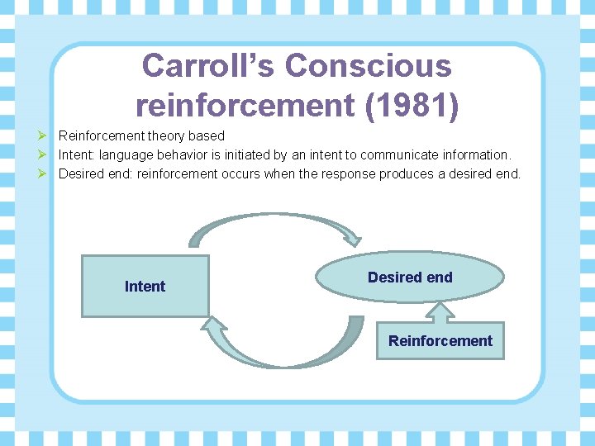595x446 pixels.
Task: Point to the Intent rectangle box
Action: click(145, 286)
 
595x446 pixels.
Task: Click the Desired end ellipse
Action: click(410, 278)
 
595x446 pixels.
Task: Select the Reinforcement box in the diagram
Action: click(440, 340)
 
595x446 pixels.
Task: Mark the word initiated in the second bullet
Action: click(243, 154)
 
